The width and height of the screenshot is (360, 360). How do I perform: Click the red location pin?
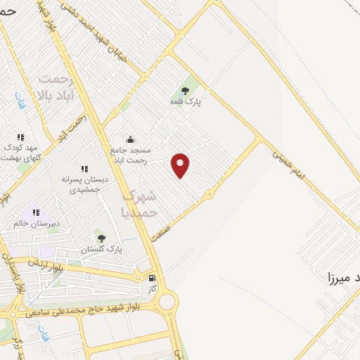[181, 165]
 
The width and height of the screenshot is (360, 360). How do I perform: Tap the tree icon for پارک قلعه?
[185, 90]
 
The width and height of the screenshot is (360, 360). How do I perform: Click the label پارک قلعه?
[185, 102]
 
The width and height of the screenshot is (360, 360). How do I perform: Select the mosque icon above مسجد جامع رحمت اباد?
[130, 139]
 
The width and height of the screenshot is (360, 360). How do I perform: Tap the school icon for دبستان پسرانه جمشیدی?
[84, 169]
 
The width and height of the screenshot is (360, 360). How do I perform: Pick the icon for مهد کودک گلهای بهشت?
[21, 137]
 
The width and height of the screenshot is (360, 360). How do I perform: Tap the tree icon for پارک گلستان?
[101, 238]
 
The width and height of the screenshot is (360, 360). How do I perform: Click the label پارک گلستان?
[101, 250]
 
